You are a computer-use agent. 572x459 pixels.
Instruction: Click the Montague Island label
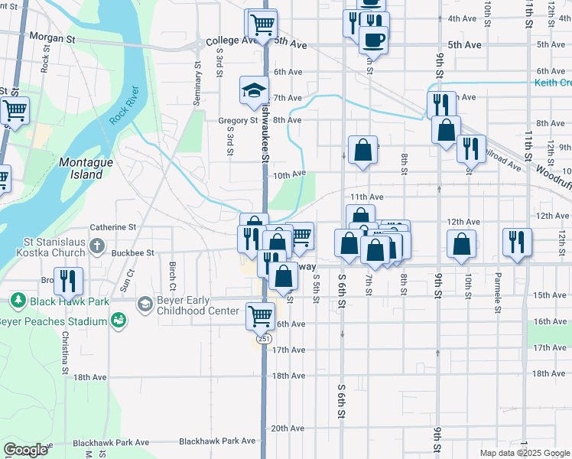click(x=80, y=168)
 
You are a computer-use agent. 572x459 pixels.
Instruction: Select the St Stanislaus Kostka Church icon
click(x=96, y=246)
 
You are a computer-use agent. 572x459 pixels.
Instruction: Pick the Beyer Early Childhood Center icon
click(x=145, y=304)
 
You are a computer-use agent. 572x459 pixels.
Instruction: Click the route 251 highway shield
click(x=264, y=338)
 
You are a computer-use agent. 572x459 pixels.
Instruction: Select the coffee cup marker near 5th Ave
click(x=373, y=39)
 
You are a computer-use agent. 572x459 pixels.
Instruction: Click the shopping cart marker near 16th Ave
click(x=260, y=314)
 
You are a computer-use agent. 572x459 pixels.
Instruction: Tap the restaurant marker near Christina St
click(x=69, y=282)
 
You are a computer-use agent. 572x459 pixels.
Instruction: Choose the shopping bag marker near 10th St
click(x=461, y=245)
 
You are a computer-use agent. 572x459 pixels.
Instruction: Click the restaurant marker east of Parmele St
click(x=517, y=243)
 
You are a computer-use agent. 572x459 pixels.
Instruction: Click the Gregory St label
click(x=238, y=120)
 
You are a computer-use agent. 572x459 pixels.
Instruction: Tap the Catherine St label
click(x=112, y=227)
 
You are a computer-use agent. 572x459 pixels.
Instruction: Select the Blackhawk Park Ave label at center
click(x=216, y=441)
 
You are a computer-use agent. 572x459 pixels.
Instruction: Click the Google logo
click(x=26, y=450)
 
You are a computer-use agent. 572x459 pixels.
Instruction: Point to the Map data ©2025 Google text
click(x=525, y=453)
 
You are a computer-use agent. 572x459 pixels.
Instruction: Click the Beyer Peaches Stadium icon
click(x=117, y=321)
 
